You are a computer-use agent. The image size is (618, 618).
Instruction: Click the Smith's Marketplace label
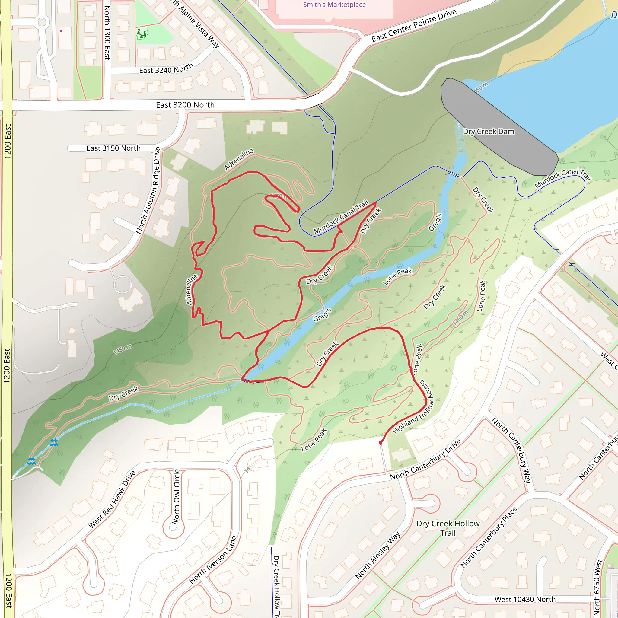334,5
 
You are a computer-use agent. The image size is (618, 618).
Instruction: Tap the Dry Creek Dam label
489,132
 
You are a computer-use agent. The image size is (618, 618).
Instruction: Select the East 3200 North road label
185,105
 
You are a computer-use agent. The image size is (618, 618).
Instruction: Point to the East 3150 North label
113,148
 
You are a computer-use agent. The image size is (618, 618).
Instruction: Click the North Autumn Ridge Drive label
148,191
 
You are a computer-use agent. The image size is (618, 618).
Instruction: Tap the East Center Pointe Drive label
414,26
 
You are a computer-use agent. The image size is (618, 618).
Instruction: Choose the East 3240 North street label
166,68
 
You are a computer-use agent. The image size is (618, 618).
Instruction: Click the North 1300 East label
107,33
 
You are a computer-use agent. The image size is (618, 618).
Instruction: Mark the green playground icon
142,33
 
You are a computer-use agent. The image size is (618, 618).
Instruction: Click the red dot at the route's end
380,443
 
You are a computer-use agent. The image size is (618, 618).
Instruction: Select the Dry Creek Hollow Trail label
448,528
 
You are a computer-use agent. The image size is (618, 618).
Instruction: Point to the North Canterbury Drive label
425,459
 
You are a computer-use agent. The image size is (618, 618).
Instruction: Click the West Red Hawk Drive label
112,499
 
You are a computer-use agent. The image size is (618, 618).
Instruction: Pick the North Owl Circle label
176,496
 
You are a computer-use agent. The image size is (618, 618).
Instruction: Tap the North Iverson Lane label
213,559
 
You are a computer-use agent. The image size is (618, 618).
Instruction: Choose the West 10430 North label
525,600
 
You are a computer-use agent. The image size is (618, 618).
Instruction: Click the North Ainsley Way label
378,555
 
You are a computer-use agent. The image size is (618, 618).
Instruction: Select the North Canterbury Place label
489,537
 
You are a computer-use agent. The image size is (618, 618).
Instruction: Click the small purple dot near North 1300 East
61,31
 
